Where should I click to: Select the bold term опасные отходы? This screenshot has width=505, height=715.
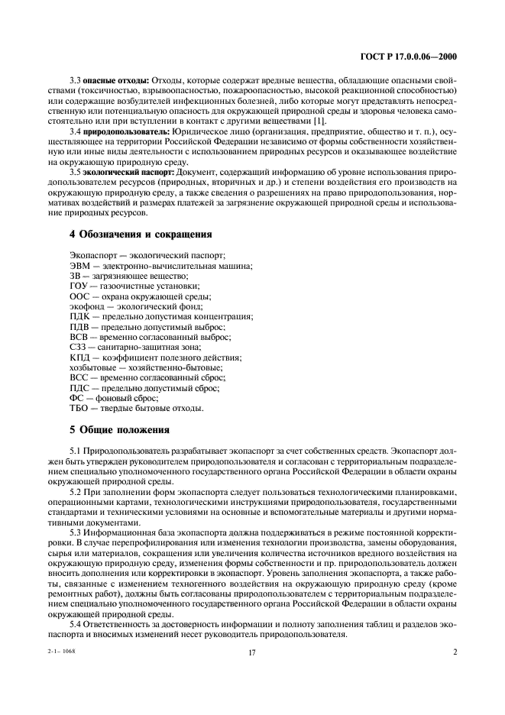pyautogui.click(x=116, y=80)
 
